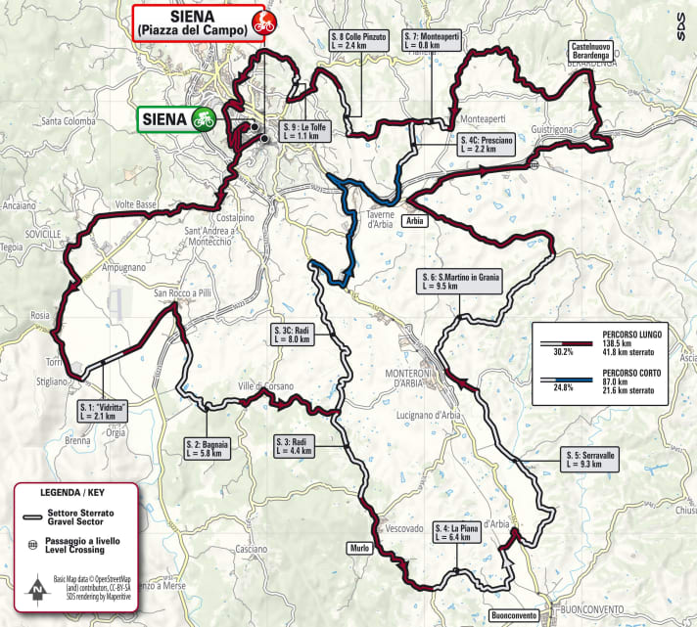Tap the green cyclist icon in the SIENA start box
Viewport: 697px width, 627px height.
203,118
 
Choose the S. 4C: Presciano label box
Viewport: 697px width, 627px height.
485,145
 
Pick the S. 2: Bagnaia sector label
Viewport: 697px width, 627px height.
207,449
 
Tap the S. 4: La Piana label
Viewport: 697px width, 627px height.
459,533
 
